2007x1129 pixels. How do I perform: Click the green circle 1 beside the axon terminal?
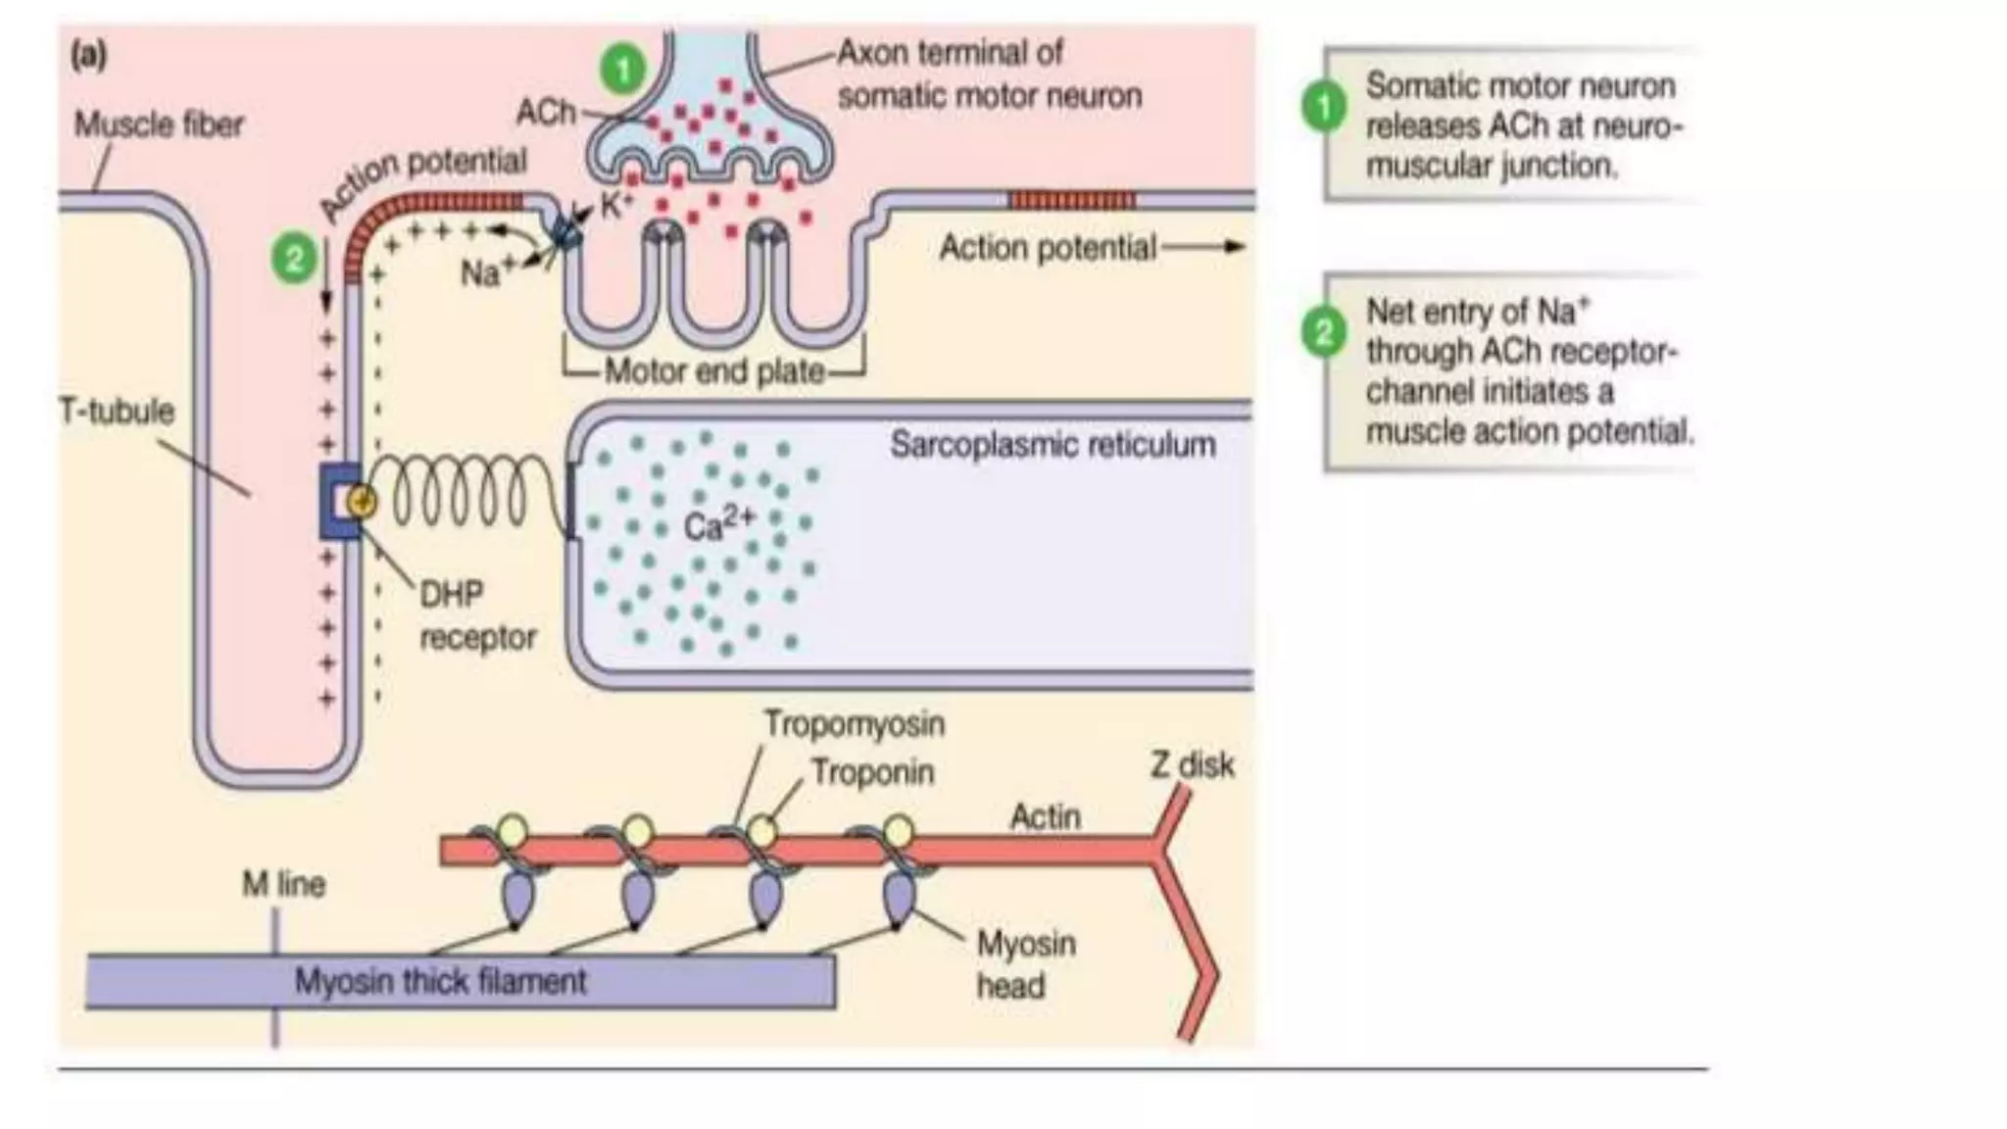click(x=623, y=70)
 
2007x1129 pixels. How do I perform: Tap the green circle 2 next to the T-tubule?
click(x=294, y=260)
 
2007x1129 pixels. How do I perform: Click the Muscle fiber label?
click(x=159, y=125)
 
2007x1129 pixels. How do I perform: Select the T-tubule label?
click(x=118, y=411)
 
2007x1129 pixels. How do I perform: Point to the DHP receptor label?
click(x=476, y=615)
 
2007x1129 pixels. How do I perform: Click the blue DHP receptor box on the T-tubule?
click(x=339, y=502)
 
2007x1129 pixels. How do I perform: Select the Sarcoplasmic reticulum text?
click(x=1052, y=445)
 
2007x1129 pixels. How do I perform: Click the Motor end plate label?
click(x=714, y=371)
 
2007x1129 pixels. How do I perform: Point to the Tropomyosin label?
click(x=855, y=724)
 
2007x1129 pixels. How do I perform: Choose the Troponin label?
click(x=872, y=773)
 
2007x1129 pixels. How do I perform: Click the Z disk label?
click(x=1192, y=764)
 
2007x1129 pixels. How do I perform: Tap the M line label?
click(x=284, y=884)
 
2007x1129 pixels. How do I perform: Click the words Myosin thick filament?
click(x=441, y=981)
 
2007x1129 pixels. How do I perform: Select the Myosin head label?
click(x=1025, y=964)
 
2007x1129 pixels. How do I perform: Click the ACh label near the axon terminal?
click(x=546, y=113)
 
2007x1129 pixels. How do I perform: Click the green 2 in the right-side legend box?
click(x=1323, y=332)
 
